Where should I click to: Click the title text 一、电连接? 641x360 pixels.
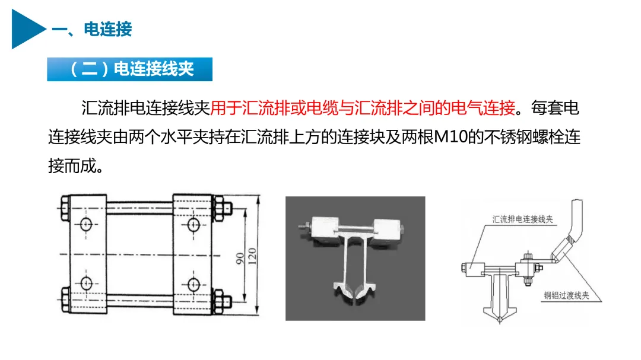click(92, 29)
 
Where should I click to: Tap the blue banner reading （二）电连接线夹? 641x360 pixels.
click(129, 69)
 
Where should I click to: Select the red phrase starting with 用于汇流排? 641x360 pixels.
click(362, 109)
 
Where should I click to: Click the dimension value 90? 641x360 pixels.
click(240, 258)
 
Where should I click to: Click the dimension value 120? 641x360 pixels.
click(252, 256)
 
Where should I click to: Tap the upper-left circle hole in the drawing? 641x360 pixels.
click(86, 224)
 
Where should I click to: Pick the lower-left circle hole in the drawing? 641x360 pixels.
click(86, 283)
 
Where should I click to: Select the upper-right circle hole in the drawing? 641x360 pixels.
click(193, 224)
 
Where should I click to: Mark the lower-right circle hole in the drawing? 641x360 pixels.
click(193, 285)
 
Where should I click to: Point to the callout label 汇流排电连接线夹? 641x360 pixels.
click(522, 219)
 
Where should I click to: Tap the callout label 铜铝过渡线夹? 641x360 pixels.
click(566, 295)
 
